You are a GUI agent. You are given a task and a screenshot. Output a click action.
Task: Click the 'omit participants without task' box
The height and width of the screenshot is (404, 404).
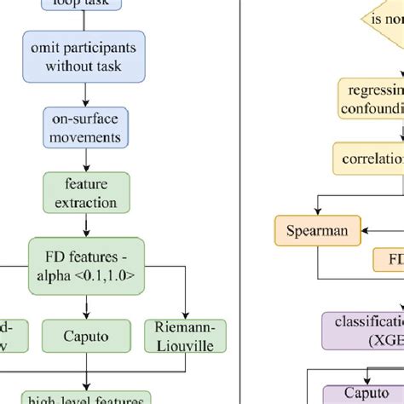tap(85, 57)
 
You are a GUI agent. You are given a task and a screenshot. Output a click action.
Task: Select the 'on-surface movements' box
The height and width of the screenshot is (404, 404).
tap(85, 126)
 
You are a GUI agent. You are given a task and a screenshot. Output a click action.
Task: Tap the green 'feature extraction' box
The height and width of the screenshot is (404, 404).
tap(85, 192)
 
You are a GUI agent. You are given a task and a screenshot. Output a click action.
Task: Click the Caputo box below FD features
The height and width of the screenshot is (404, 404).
tap(85, 337)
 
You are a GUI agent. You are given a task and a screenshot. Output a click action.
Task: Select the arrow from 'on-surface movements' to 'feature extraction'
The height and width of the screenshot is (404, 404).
tap(85, 159)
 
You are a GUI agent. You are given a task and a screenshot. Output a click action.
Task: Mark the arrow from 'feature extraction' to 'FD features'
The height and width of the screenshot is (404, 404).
tap(85, 226)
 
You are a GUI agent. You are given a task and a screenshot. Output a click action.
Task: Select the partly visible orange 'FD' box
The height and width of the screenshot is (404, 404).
tap(389, 260)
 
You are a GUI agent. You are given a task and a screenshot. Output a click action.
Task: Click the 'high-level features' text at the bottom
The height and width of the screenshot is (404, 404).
tap(85, 397)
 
